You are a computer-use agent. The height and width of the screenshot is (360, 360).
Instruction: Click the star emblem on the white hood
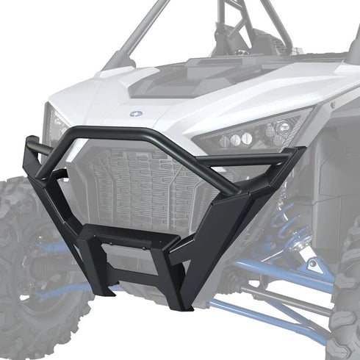[137, 113]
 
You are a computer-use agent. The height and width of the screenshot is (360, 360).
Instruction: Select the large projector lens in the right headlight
[271, 130]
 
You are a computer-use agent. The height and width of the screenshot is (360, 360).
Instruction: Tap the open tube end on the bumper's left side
[32, 148]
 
